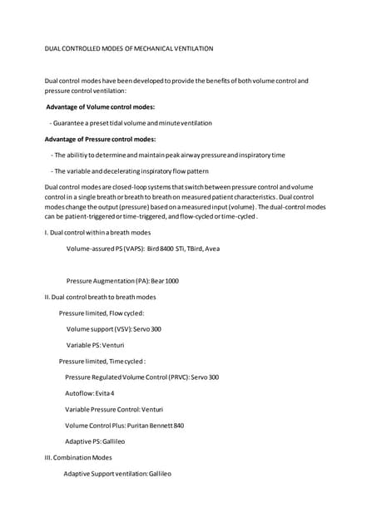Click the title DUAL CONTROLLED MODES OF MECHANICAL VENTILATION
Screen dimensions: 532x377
(129, 49)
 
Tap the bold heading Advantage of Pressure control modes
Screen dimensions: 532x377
(100, 139)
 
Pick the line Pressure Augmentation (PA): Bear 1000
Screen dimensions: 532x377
(122, 281)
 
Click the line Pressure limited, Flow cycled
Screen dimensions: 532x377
(102, 313)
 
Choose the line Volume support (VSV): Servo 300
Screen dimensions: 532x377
(114, 329)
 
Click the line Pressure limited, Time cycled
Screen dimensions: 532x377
(102, 361)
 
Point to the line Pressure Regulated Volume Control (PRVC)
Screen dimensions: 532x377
(141, 377)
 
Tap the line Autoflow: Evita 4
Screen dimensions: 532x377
(90, 393)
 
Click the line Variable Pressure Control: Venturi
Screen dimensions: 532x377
(114, 409)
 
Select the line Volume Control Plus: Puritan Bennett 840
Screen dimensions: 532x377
(124, 426)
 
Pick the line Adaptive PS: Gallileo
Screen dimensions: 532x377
(95, 441)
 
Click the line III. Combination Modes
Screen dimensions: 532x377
(78, 457)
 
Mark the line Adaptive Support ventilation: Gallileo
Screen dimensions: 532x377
(117, 473)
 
